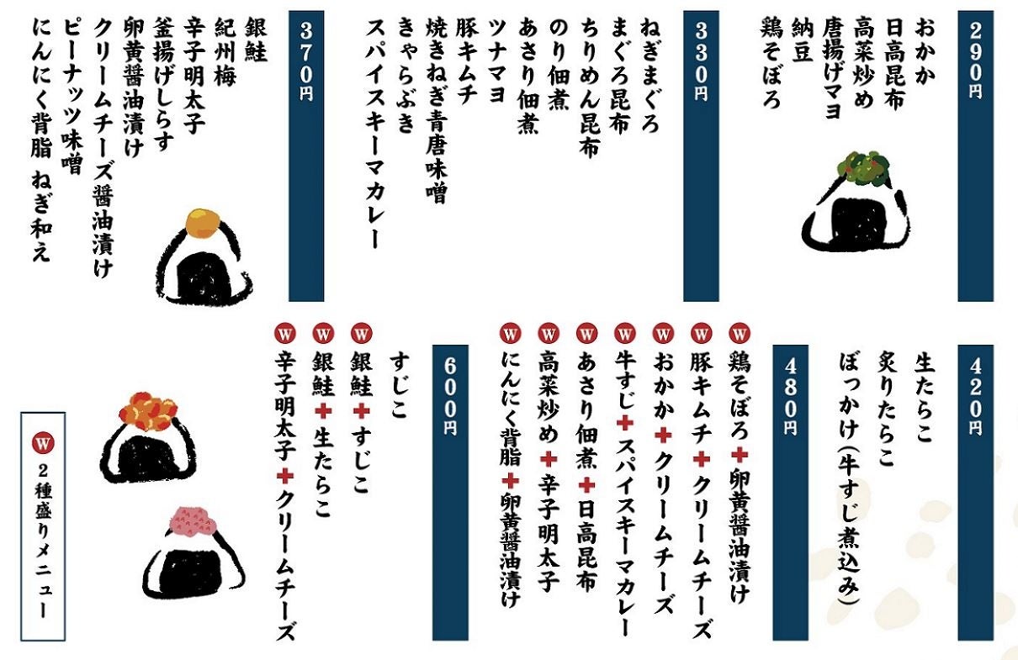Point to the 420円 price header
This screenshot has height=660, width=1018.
(x=975, y=395)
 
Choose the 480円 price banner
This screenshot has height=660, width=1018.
(x=790, y=395)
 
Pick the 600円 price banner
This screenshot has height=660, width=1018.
(x=450, y=395)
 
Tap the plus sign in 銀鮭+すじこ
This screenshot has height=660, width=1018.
(x=362, y=411)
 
